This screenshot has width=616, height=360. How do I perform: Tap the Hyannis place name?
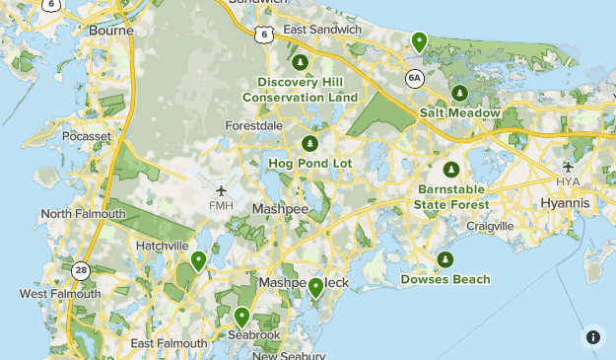coord(565,203)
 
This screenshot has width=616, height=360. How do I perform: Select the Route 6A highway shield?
coord(415,76)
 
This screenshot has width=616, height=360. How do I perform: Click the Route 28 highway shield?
coord(78,269)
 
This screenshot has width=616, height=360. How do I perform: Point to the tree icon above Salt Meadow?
coord(459,94)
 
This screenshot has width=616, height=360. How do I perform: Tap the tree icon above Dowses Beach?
coord(445,259)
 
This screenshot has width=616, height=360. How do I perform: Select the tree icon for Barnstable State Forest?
coord(451,169)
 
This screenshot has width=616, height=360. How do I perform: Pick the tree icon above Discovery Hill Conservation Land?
coord(301,62)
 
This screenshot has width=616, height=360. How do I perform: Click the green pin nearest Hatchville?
coord(198,260)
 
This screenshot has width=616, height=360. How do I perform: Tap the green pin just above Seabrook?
coord(241,317)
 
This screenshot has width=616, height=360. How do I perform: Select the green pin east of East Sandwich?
coord(419,41)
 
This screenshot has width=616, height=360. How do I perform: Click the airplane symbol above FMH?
coord(220,189)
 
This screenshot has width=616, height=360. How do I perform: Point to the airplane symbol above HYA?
coord(568,167)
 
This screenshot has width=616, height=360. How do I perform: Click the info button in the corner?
coord(593,336)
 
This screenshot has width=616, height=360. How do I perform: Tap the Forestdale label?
coord(253,127)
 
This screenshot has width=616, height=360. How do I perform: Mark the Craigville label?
coord(489,226)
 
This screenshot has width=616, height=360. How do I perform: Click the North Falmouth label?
coord(83,214)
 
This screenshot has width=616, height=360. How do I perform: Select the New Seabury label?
coord(289,355)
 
